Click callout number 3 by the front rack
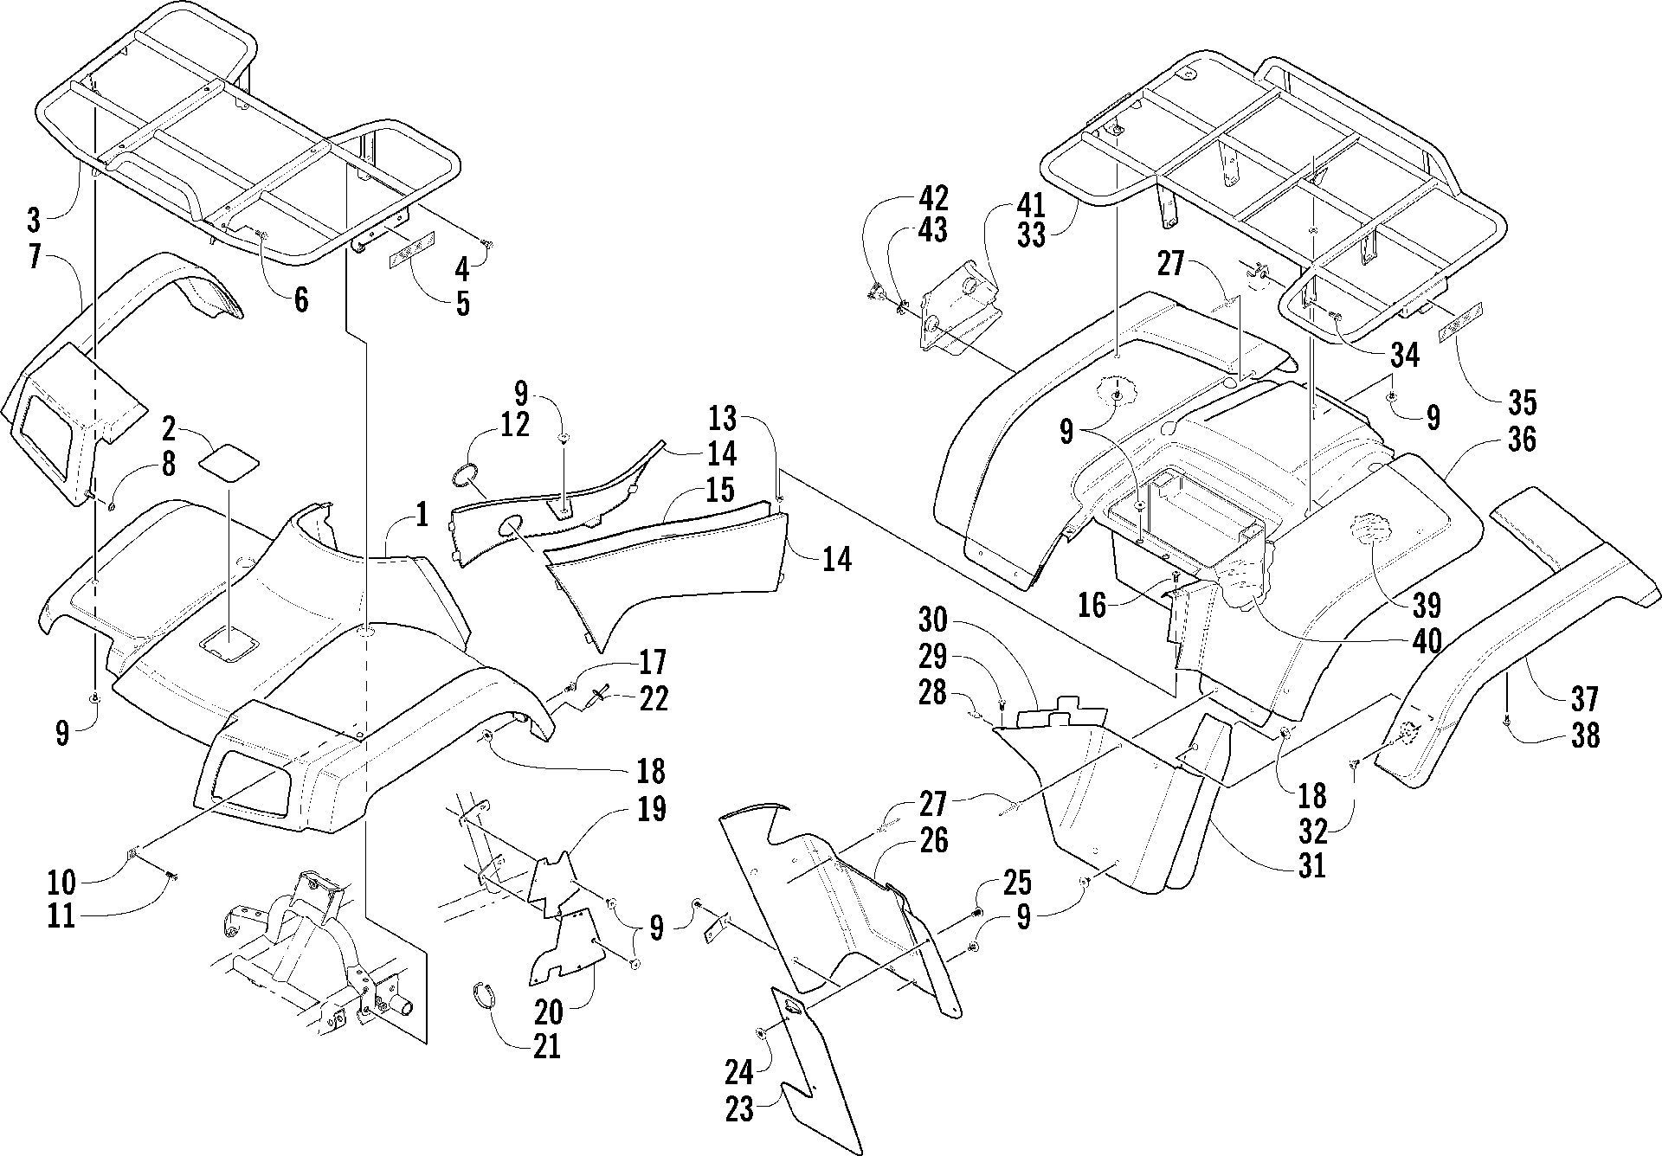pyautogui.click(x=34, y=219)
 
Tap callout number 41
pyautogui.click(x=1027, y=205)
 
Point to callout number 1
pyautogui.click(x=421, y=517)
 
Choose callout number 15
pyautogui.click(x=718, y=489)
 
